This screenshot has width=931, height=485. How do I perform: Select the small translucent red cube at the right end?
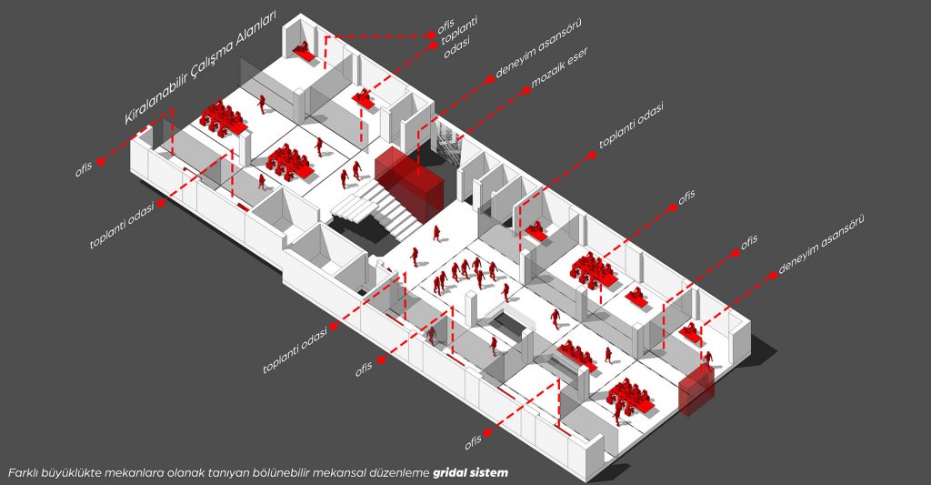point(697,389)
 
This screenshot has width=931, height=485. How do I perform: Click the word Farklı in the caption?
point(24,473)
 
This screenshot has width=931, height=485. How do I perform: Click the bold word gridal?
point(452,473)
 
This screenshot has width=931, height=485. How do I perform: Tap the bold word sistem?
point(491,473)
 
